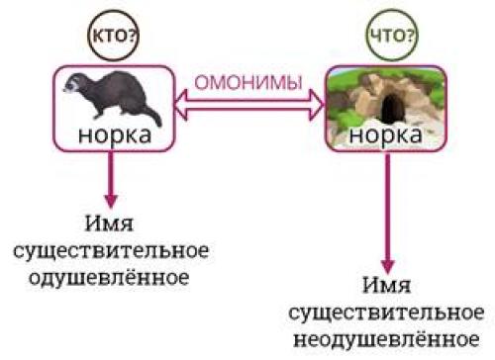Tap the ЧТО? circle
pos(383,35)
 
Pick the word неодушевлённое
pos(386,337)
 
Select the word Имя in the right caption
pos(386,288)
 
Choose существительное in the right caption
pos(386,313)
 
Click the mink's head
pos(77,85)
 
